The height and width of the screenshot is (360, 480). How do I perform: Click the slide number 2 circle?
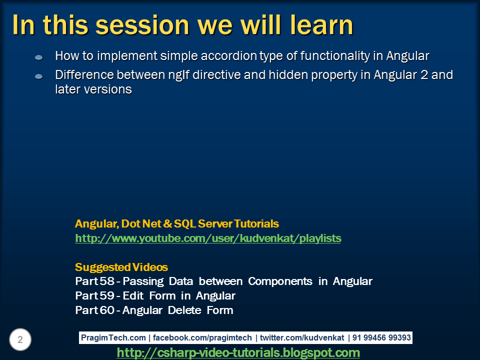(x=20, y=340)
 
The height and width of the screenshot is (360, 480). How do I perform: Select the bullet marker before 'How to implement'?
(x=39, y=58)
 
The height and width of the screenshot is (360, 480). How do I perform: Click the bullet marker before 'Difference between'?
(x=39, y=76)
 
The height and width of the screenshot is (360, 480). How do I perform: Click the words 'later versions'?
(x=93, y=89)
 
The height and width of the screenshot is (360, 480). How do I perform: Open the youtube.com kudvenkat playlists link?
(x=208, y=238)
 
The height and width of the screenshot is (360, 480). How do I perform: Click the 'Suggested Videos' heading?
(x=121, y=267)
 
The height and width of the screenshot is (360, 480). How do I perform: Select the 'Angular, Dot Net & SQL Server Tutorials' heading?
(x=177, y=223)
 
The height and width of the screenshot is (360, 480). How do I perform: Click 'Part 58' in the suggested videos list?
(x=94, y=281)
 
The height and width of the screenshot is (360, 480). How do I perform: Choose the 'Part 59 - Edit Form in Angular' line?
(x=155, y=295)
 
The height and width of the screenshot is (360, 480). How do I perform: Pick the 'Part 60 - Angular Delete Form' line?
(x=154, y=310)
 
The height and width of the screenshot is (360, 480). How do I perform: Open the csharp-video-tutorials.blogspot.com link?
(x=238, y=353)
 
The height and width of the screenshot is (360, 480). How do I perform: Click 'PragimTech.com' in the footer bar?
(x=113, y=338)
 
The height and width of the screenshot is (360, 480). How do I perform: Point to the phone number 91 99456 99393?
(x=381, y=338)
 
